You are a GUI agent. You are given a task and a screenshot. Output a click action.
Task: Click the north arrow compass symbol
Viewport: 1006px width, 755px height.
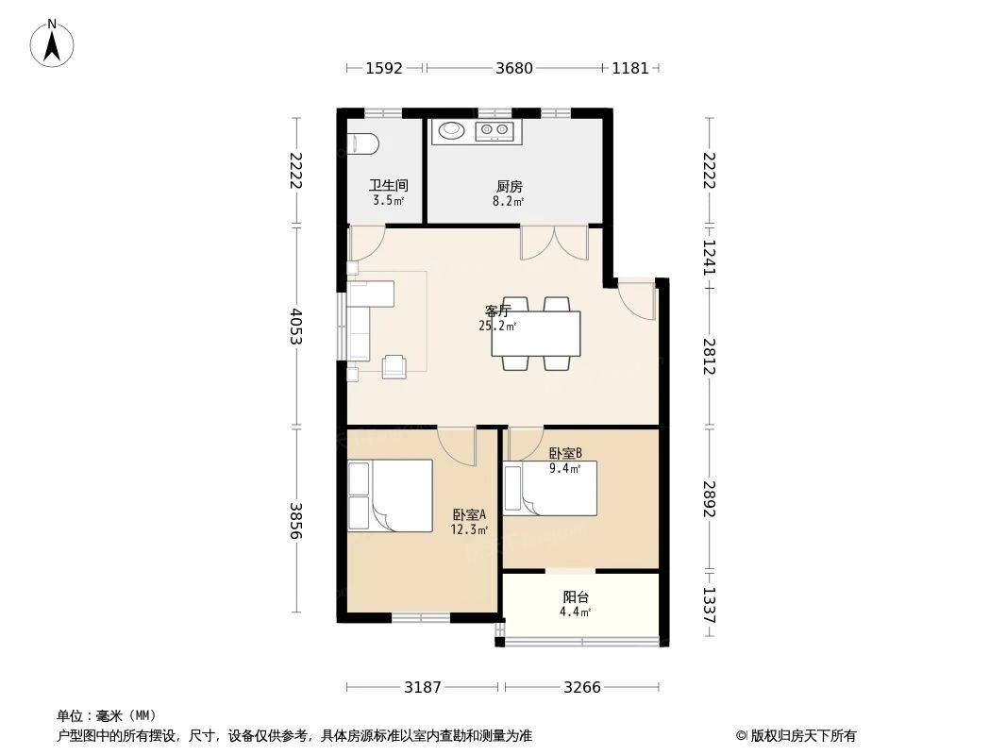(x=53, y=42)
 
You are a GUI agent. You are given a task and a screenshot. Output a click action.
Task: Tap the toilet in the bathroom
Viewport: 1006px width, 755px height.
(x=363, y=143)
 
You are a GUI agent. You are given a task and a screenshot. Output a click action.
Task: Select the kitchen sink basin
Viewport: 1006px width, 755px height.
(x=452, y=130)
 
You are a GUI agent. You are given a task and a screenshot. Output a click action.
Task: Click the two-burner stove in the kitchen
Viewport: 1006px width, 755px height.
(x=495, y=130)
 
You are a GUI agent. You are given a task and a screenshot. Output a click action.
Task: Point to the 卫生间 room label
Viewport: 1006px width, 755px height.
(x=387, y=186)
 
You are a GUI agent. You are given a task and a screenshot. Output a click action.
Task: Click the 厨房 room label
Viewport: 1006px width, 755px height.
(x=509, y=186)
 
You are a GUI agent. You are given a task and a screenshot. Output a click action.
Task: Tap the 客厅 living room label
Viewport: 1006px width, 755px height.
(x=497, y=310)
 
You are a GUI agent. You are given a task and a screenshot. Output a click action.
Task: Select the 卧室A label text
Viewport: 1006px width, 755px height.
(x=469, y=515)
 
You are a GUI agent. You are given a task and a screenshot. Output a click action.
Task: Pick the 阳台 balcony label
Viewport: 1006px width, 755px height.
(x=576, y=596)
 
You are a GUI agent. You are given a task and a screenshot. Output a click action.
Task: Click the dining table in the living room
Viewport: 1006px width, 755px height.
(x=535, y=333)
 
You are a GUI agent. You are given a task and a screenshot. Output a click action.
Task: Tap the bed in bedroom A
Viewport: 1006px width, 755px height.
(x=391, y=495)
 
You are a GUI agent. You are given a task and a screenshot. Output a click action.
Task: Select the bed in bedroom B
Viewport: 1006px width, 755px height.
(x=551, y=489)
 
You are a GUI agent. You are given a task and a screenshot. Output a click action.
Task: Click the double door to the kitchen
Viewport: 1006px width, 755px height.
(x=554, y=243)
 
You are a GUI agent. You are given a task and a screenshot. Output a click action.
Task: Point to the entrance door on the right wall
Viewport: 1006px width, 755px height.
(x=638, y=300)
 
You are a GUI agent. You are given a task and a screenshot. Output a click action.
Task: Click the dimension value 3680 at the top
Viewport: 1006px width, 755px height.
(x=514, y=68)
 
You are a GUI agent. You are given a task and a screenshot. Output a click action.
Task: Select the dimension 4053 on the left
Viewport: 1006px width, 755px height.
(x=295, y=327)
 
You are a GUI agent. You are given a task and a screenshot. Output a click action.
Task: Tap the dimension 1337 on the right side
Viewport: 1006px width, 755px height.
(x=710, y=604)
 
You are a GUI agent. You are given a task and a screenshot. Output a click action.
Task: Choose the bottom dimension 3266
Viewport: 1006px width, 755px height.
(x=582, y=687)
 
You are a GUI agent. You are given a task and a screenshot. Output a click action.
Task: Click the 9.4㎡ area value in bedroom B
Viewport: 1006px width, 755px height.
(x=564, y=466)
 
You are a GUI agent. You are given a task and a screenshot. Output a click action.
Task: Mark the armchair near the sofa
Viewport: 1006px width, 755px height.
(x=394, y=365)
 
